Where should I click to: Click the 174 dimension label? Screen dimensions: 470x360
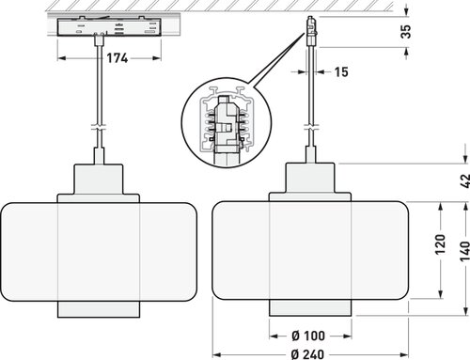coord(117,58)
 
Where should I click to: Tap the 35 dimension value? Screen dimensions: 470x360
coord(406,31)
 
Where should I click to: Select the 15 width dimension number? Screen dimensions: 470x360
coord(341,71)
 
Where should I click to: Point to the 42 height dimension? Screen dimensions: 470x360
coord(465,180)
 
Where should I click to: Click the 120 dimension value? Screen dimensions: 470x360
coord(440,243)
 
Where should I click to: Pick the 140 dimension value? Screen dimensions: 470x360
coord(465,251)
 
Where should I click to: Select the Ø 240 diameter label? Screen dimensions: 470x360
coord(307,354)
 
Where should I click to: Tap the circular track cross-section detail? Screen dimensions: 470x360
coord(227,122)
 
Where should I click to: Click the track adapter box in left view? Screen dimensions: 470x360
coord(109,26)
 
